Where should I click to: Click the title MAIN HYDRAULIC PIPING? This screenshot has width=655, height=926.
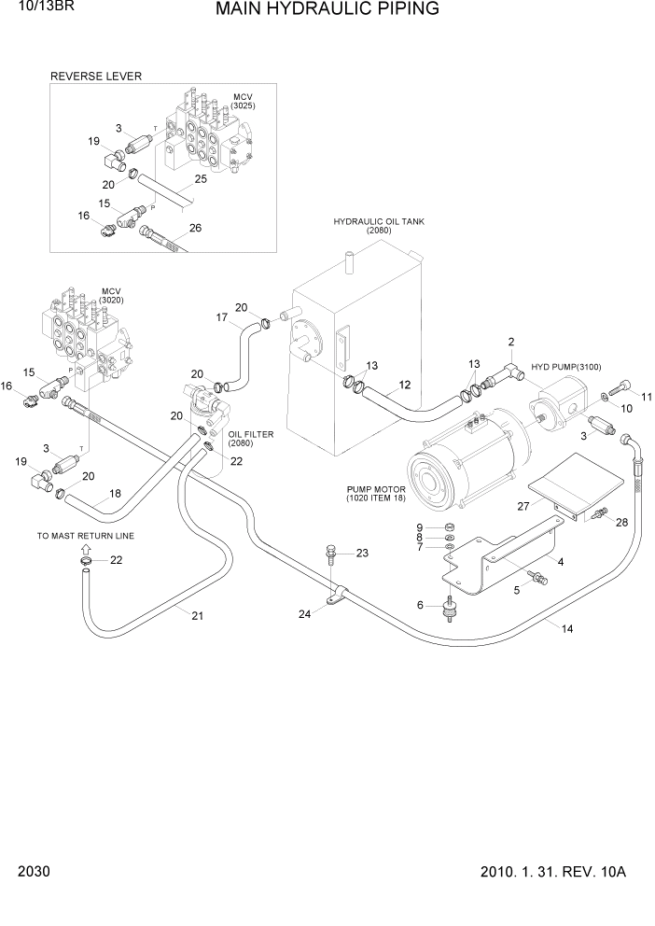pos(327,10)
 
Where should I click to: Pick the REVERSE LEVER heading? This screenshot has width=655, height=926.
pos(96,77)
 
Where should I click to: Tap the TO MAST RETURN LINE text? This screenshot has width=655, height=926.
pos(86,537)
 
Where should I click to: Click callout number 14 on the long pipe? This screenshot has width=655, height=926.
pos(567,629)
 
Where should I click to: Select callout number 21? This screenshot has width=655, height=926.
pos(197,614)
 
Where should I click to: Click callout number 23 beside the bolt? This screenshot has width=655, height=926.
pos(362,553)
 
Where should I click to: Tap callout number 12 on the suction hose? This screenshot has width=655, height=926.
pos(404,385)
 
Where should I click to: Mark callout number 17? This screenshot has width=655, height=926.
pos(222,317)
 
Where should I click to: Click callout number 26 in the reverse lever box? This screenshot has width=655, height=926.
pos(194,227)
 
